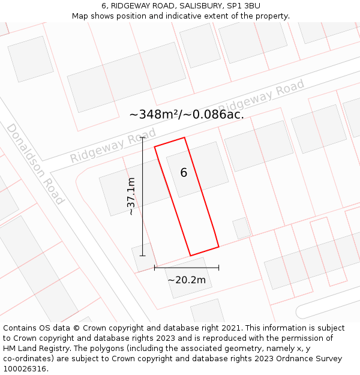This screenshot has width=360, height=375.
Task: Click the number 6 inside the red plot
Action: click(x=184, y=173)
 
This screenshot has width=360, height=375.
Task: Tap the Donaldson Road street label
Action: click(x=35, y=164)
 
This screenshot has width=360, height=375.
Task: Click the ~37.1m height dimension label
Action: click(x=131, y=196)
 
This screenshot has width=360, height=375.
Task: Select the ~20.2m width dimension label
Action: click(x=187, y=280)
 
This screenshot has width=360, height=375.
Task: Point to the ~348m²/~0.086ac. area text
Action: click(x=187, y=114)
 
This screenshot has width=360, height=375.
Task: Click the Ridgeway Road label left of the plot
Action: click(x=113, y=145)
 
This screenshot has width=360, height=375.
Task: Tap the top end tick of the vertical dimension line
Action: click(x=143, y=137)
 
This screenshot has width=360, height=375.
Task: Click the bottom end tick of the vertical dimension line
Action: click(x=143, y=256)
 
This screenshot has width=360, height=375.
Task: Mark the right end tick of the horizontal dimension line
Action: click(x=218, y=268)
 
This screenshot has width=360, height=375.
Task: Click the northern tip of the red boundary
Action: click(x=184, y=137)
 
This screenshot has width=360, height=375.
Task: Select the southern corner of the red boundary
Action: click(x=190, y=256)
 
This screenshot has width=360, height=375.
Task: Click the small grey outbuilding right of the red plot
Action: click(x=242, y=228)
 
